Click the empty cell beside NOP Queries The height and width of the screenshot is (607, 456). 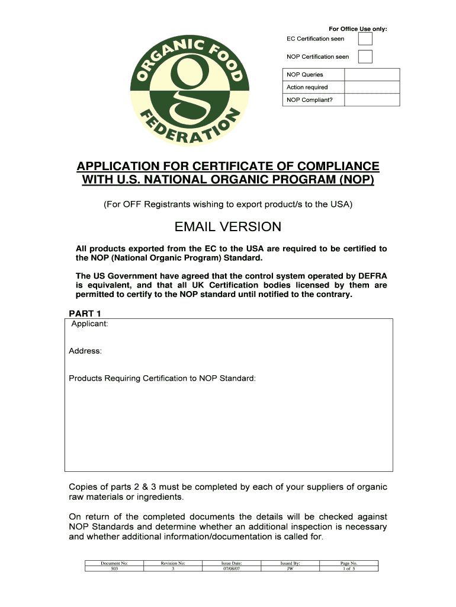[x=372, y=75]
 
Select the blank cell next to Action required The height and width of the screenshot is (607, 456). [x=372, y=87]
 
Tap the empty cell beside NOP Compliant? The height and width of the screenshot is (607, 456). [x=372, y=100]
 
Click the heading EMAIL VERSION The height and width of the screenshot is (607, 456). [x=228, y=227]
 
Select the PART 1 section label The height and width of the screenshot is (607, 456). [x=85, y=313]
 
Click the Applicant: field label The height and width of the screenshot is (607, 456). [x=89, y=324]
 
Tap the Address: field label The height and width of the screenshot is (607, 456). [x=85, y=351]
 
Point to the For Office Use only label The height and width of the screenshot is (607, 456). [x=358, y=29]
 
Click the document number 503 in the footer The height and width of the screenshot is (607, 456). [x=114, y=568]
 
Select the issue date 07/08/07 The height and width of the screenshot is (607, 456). [x=232, y=568]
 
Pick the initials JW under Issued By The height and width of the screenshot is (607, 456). [x=290, y=568]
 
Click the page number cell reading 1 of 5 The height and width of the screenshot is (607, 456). [x=349, y=568]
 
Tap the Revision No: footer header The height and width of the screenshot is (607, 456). [x=173, y=563]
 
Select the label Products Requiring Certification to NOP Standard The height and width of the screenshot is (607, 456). [x=162, y=378]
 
